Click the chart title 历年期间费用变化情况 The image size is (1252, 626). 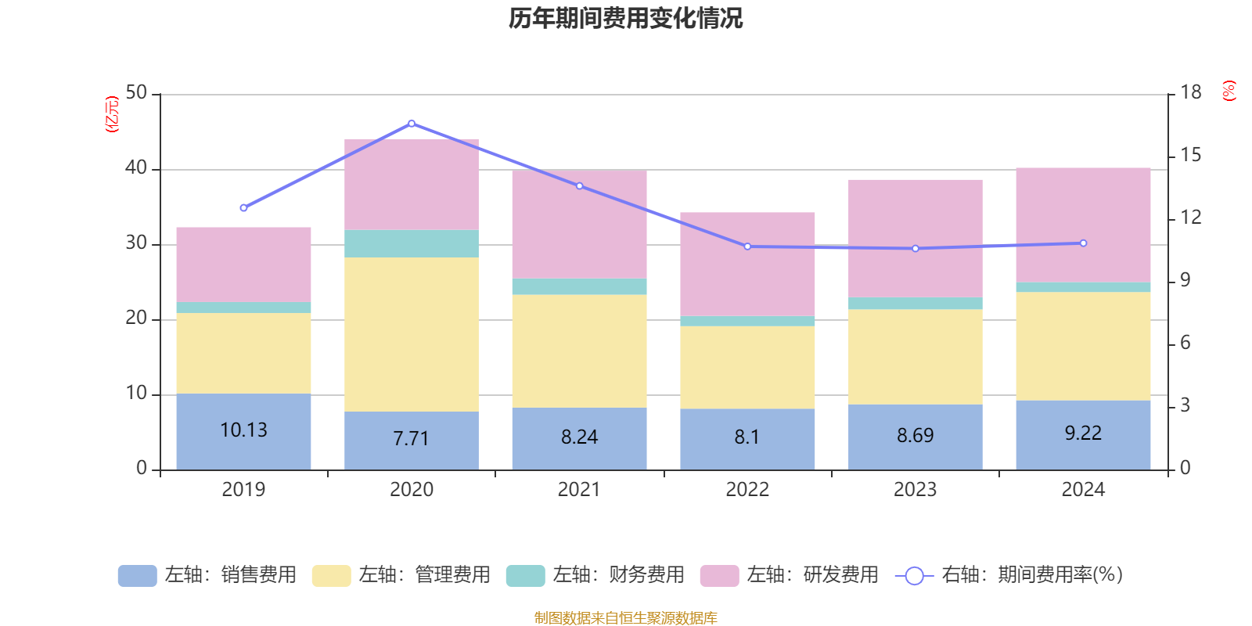pyautogui.click(x=625, y=18)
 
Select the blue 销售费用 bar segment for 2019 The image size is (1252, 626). pyautogui.click(x=243, y=450)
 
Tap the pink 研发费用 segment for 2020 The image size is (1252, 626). pyautogui.click(x=412, y=184)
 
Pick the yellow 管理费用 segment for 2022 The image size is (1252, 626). pyautogui.click(x=747, y=367)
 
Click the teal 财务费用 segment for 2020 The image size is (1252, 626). pyautogui.click(x=412, y=243)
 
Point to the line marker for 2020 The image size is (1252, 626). pyautogui.click(x=412, y=124)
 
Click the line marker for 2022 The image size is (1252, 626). pyautogui.click(x=747, y=246)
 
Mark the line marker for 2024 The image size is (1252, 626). pyautogui.click(x=1083, y=243)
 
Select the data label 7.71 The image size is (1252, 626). pyautogui.click(x=412, y=438)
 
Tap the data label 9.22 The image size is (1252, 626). pyautogui.click(x=1083, y=433)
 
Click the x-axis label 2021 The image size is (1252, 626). pyautogui.click(x=579, y=490)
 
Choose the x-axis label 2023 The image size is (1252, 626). pyautogui.click(x=915, y=490)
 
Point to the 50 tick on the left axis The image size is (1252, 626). pyautogui.click(x=136, y=93)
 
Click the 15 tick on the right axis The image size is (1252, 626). pyautogui.click(x=1191, y=155)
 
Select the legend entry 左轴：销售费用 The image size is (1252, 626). pyautogui.click(x=208, y=575)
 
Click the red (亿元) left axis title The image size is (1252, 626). pyautogui.click(x=112, y=114)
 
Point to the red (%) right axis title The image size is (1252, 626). pyautogui.click(x=1229, y=91)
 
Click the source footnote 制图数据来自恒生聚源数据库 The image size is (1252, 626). pyautogui.click(x=625, y=618)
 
